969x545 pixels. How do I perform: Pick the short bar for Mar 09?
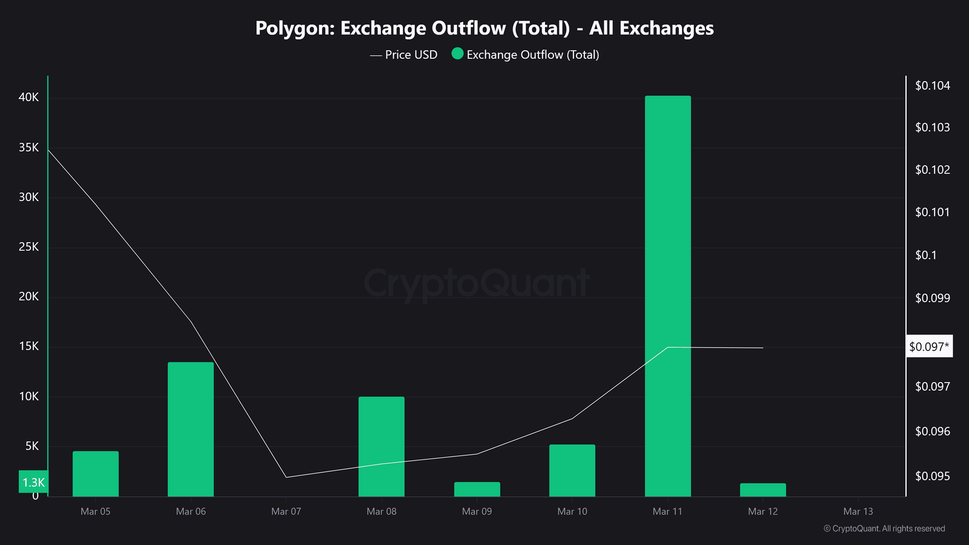(x=477, y=489)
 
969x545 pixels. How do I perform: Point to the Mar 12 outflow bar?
(x=763, y=490)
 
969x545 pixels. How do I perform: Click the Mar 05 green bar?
(x=96, y=474)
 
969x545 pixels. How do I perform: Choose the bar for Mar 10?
(x=572, y=471)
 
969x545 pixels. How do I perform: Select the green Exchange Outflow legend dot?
(x=457, y=54)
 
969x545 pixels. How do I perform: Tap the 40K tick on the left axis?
(x=28, y=97)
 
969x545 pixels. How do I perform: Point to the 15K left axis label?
(x=28, y=346)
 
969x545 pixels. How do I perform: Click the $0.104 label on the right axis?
(x=933, y=85)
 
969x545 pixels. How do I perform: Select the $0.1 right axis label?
(x=926, y=255)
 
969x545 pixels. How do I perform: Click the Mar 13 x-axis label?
(x=858, y=512)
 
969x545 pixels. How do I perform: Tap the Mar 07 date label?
(x=286, y=512)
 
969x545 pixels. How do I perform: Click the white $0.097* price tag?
(x=929, y=346)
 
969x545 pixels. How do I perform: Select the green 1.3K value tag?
(x=33, y=482)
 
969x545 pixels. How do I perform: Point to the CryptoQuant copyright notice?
(x=884, y=529)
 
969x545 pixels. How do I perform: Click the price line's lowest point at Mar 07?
(x=286, y=477)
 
